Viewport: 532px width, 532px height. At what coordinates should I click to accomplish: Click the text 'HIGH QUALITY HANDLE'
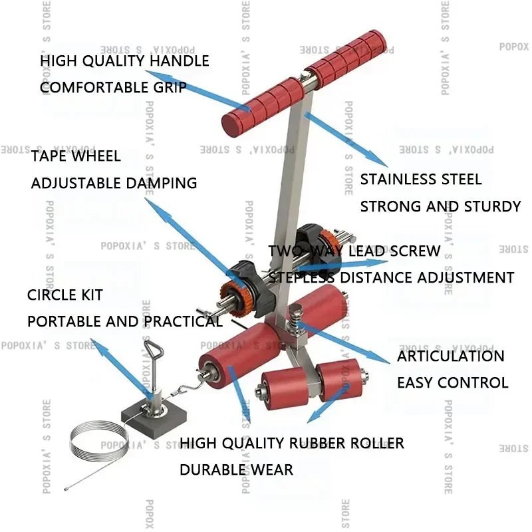coord(124,61)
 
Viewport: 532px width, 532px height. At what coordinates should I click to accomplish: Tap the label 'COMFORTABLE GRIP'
coord(113,87)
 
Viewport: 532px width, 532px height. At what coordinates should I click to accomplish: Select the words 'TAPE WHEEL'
coord(76,156)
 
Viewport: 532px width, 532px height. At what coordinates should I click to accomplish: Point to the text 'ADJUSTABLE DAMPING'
coord(114,183)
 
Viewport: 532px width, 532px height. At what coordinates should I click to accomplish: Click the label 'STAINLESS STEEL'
coord(421,180)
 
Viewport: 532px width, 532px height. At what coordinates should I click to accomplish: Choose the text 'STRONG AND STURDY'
coord(440,206)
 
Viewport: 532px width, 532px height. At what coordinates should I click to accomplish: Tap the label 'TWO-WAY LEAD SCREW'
coord(354,251)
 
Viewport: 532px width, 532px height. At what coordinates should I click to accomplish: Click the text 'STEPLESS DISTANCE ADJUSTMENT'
coord(391,277)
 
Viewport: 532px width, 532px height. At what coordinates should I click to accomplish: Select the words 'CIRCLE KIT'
coord(65,295)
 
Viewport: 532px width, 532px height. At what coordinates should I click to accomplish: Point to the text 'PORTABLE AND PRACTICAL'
coord(124,321)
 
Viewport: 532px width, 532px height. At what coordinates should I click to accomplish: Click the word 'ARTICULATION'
coord(451,356)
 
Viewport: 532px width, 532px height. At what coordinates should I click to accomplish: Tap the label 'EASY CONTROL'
coord(452,382)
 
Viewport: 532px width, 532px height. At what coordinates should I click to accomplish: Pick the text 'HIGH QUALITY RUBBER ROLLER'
coord(292,443)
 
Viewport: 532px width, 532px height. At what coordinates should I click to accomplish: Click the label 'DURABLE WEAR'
coord(236,469)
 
